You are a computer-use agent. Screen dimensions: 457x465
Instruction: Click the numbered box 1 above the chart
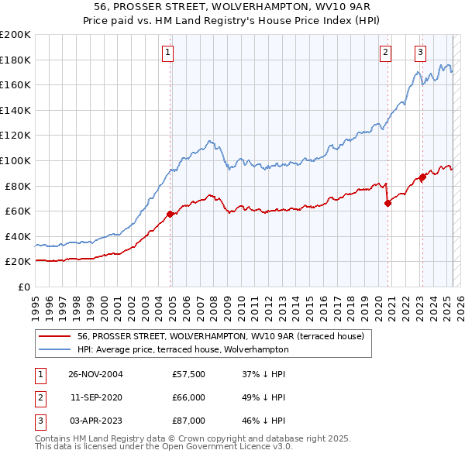click(168, 53)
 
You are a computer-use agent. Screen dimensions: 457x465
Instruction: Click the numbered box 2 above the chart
click(385, 53)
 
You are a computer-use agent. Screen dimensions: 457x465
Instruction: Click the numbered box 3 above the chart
click(420, 53)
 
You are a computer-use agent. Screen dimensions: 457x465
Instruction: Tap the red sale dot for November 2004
click(170, 214)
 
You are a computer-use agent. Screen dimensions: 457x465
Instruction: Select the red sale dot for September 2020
click(387, 204)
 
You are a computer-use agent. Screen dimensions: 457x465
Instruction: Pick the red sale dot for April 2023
click(423, 177)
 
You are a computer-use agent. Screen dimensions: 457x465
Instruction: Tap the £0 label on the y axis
click(23, 287)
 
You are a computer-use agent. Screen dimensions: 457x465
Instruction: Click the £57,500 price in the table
click(188, 374)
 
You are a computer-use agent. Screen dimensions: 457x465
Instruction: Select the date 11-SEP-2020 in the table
click(96, 397)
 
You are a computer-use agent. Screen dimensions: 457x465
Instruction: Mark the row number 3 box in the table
click(40, 421)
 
